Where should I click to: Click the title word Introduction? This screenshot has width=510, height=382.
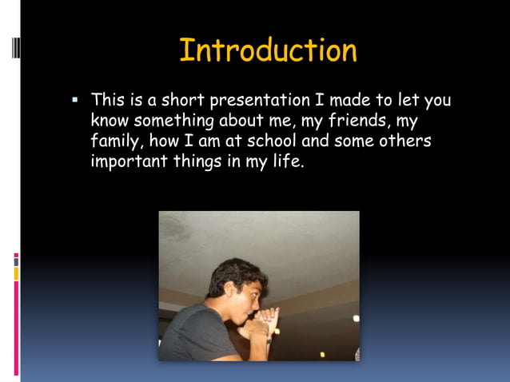268,50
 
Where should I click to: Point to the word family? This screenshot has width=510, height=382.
116,141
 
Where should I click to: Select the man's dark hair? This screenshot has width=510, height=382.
228,276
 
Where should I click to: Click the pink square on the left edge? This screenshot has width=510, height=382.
15,258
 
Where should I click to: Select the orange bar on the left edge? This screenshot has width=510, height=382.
15,274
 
